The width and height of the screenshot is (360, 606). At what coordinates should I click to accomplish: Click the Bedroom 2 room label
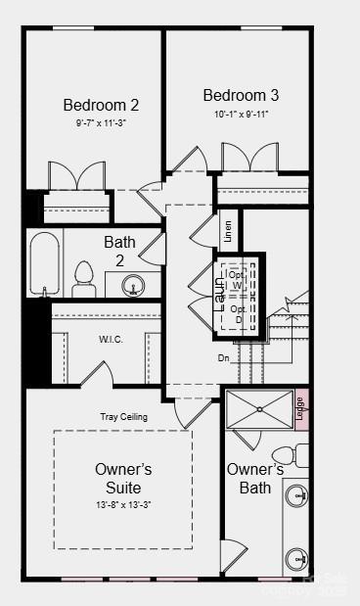pos(101,105)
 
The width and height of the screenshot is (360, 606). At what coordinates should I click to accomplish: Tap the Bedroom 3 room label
pos(241,95)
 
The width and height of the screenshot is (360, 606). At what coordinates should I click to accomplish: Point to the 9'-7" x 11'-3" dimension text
pos(101,123)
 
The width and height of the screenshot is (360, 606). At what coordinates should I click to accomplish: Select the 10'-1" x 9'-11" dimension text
pos(241,114)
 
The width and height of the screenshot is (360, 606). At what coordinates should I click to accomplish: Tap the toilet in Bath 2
pos(83,278)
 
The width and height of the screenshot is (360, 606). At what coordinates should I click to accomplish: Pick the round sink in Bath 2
pos(135,286)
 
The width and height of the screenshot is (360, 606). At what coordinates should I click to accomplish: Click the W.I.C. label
pos(110,340)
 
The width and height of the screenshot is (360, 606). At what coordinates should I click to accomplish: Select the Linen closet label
pos(229,231)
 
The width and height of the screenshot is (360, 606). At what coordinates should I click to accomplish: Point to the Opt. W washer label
pos(238,280)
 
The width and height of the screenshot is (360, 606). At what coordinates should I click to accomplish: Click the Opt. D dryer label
pos(238,314)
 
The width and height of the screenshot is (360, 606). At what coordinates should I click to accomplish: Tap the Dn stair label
pos(224,358)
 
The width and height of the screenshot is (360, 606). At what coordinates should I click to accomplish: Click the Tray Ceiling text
pos(124,417)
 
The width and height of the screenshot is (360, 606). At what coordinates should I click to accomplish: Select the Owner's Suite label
pos(123,478)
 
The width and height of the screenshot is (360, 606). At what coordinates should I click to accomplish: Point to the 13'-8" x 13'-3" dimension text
pos(122,504)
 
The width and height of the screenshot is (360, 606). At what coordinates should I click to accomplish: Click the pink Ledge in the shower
pos(301,409)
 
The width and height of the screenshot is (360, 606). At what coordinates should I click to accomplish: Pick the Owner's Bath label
pos(254,478)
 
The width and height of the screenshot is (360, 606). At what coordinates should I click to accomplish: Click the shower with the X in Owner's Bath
pos(259,409)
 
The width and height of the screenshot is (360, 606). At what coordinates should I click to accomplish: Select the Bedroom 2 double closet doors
pos(77,177)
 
